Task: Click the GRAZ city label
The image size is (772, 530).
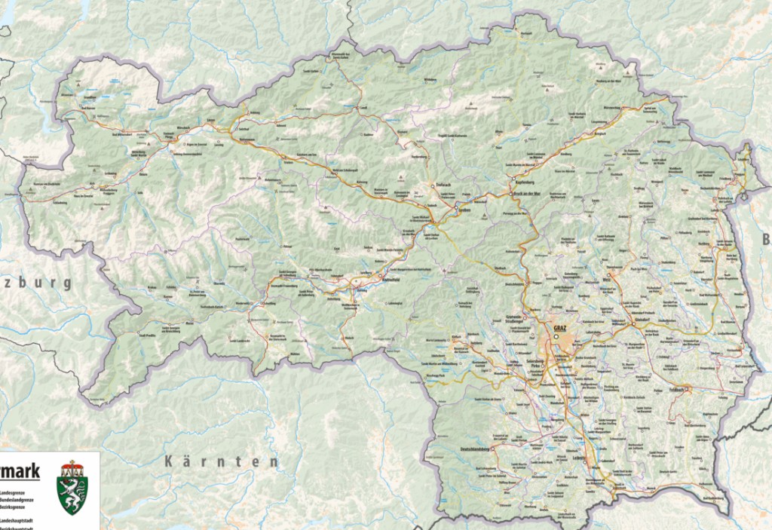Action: pos(559,329)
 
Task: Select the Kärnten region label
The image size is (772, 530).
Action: pos(222,460)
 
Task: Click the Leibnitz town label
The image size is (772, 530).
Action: pos(580,457)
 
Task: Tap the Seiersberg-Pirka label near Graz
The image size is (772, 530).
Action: pos(541,363)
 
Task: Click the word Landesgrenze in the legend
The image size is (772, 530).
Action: pos(19,492)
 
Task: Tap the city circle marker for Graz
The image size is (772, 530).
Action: pos(556,338)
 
